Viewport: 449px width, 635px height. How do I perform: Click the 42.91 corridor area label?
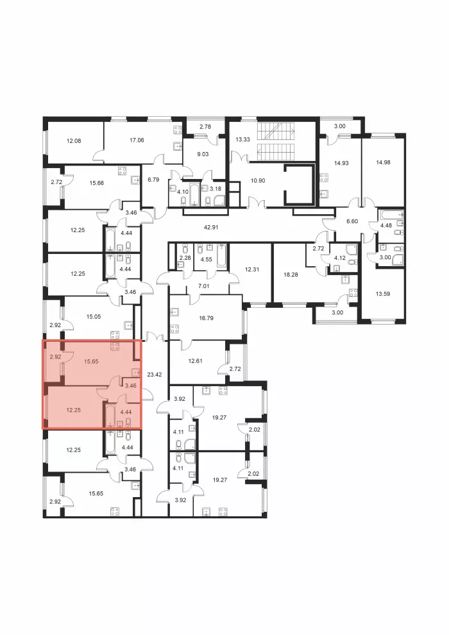tap(211, 227)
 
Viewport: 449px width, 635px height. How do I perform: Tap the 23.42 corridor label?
tap(154, 375)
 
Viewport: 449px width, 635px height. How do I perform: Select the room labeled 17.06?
tap(137, 140)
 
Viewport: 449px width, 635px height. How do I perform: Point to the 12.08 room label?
tap(74, 141)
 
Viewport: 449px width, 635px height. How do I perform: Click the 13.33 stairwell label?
tap(243, 139)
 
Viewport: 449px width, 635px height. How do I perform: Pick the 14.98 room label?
tap(383, 162)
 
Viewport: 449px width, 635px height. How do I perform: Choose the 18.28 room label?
tap(291, 274)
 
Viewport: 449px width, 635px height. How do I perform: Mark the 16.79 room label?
tap(206, 318)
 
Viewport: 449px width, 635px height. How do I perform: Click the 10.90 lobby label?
tap(258, 180)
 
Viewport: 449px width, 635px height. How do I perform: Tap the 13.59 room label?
tap(382, 294)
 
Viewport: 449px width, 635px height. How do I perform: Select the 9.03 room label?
tap(203, 154)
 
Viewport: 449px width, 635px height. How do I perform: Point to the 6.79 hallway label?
tap(153, 180)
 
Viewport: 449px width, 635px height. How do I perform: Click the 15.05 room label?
tap(94, 317)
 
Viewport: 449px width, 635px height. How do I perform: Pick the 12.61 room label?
tap(196, 361)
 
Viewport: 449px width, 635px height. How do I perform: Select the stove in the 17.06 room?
tap(177, 130)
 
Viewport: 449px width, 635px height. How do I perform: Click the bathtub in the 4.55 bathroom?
tap(222, 256)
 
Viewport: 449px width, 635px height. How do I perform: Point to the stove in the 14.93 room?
tap(323, 178)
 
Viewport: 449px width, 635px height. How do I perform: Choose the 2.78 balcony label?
tap(205, 127)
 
